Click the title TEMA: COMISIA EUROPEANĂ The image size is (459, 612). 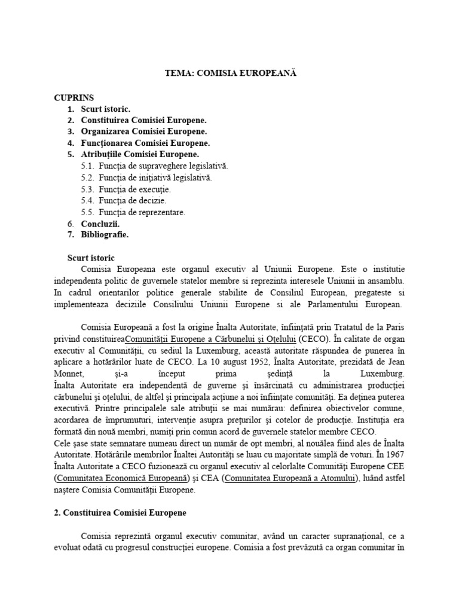pos(230,73)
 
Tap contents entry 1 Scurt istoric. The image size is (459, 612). pos(105,109)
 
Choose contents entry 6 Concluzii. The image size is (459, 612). pos(100,223)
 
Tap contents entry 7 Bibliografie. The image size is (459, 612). pos(105,234)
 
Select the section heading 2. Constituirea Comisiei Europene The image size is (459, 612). pos(127,513)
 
